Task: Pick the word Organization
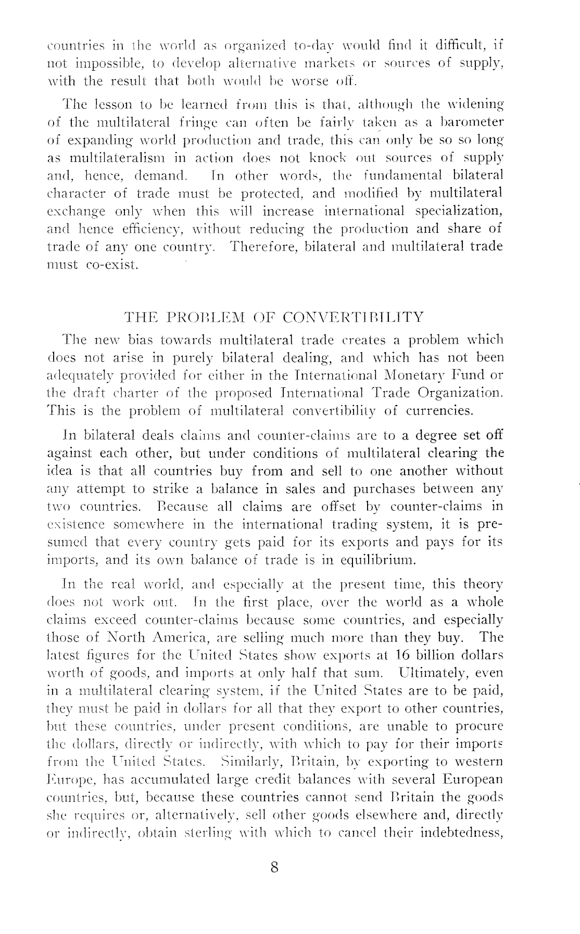coord(456,393)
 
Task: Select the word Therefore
coord(264,246)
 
